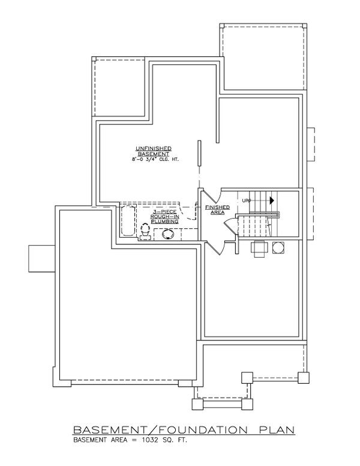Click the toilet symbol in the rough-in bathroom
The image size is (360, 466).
coord(144,231)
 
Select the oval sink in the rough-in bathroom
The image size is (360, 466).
coord(168,235)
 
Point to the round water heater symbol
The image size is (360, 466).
coord(278,247)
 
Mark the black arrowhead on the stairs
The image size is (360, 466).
coord(272,201)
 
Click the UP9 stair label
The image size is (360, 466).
coord(246,201)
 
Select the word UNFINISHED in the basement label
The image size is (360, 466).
coord(154,148)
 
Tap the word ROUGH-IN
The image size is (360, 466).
coord(164,217)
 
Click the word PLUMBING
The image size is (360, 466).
coord(164,222)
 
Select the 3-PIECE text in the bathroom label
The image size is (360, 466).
coord(164,212)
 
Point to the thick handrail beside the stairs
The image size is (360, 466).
coord(258,214)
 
